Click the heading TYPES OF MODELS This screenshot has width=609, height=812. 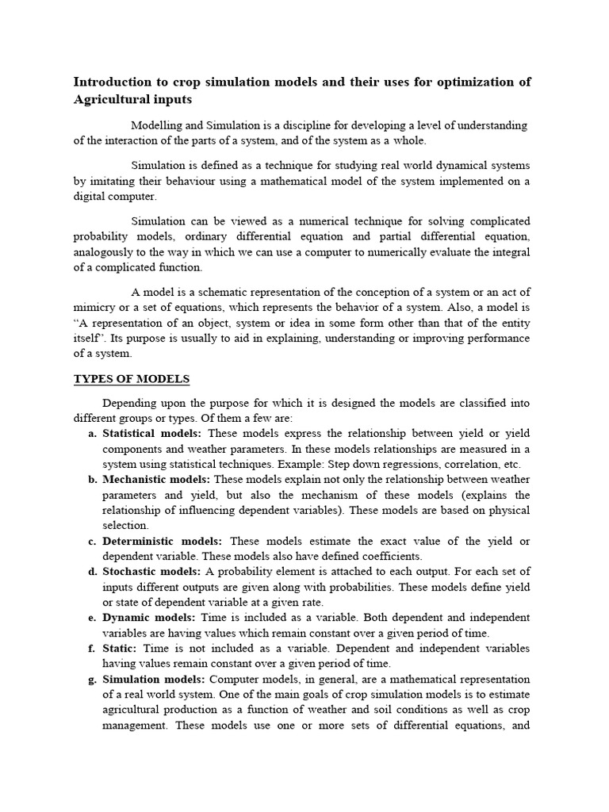pos(132,378)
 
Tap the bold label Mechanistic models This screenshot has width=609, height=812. pos(156,480)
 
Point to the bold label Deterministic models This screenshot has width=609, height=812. pos(163,541)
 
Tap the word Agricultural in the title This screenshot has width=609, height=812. pos(111,100)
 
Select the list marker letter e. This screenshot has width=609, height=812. pos(92,618)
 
